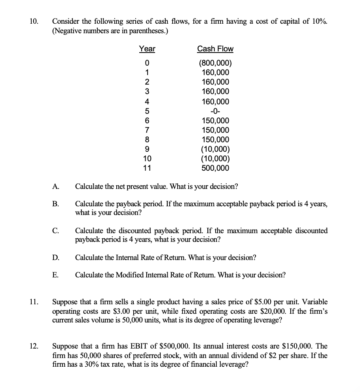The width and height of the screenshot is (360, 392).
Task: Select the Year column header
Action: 147,49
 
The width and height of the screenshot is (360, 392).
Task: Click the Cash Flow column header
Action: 215,49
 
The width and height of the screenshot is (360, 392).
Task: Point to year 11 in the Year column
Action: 147,168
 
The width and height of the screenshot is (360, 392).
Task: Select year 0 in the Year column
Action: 147,63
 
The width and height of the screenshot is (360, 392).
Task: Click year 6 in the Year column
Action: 147,121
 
